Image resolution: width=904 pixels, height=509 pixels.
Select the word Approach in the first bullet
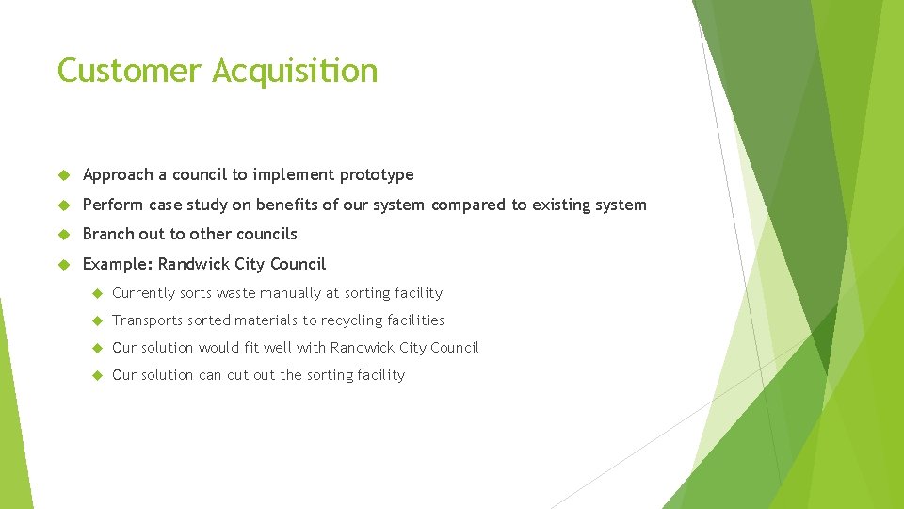pyautogui.click(x=118, y=175)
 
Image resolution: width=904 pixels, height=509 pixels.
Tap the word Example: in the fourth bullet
pyautogui.click(x=118, y=264)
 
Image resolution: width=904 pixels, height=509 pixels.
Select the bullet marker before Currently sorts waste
pyautogui.click(x=94, y=293)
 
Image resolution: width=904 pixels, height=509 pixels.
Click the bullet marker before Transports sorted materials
pyautogui.click(x=94, y=320)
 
